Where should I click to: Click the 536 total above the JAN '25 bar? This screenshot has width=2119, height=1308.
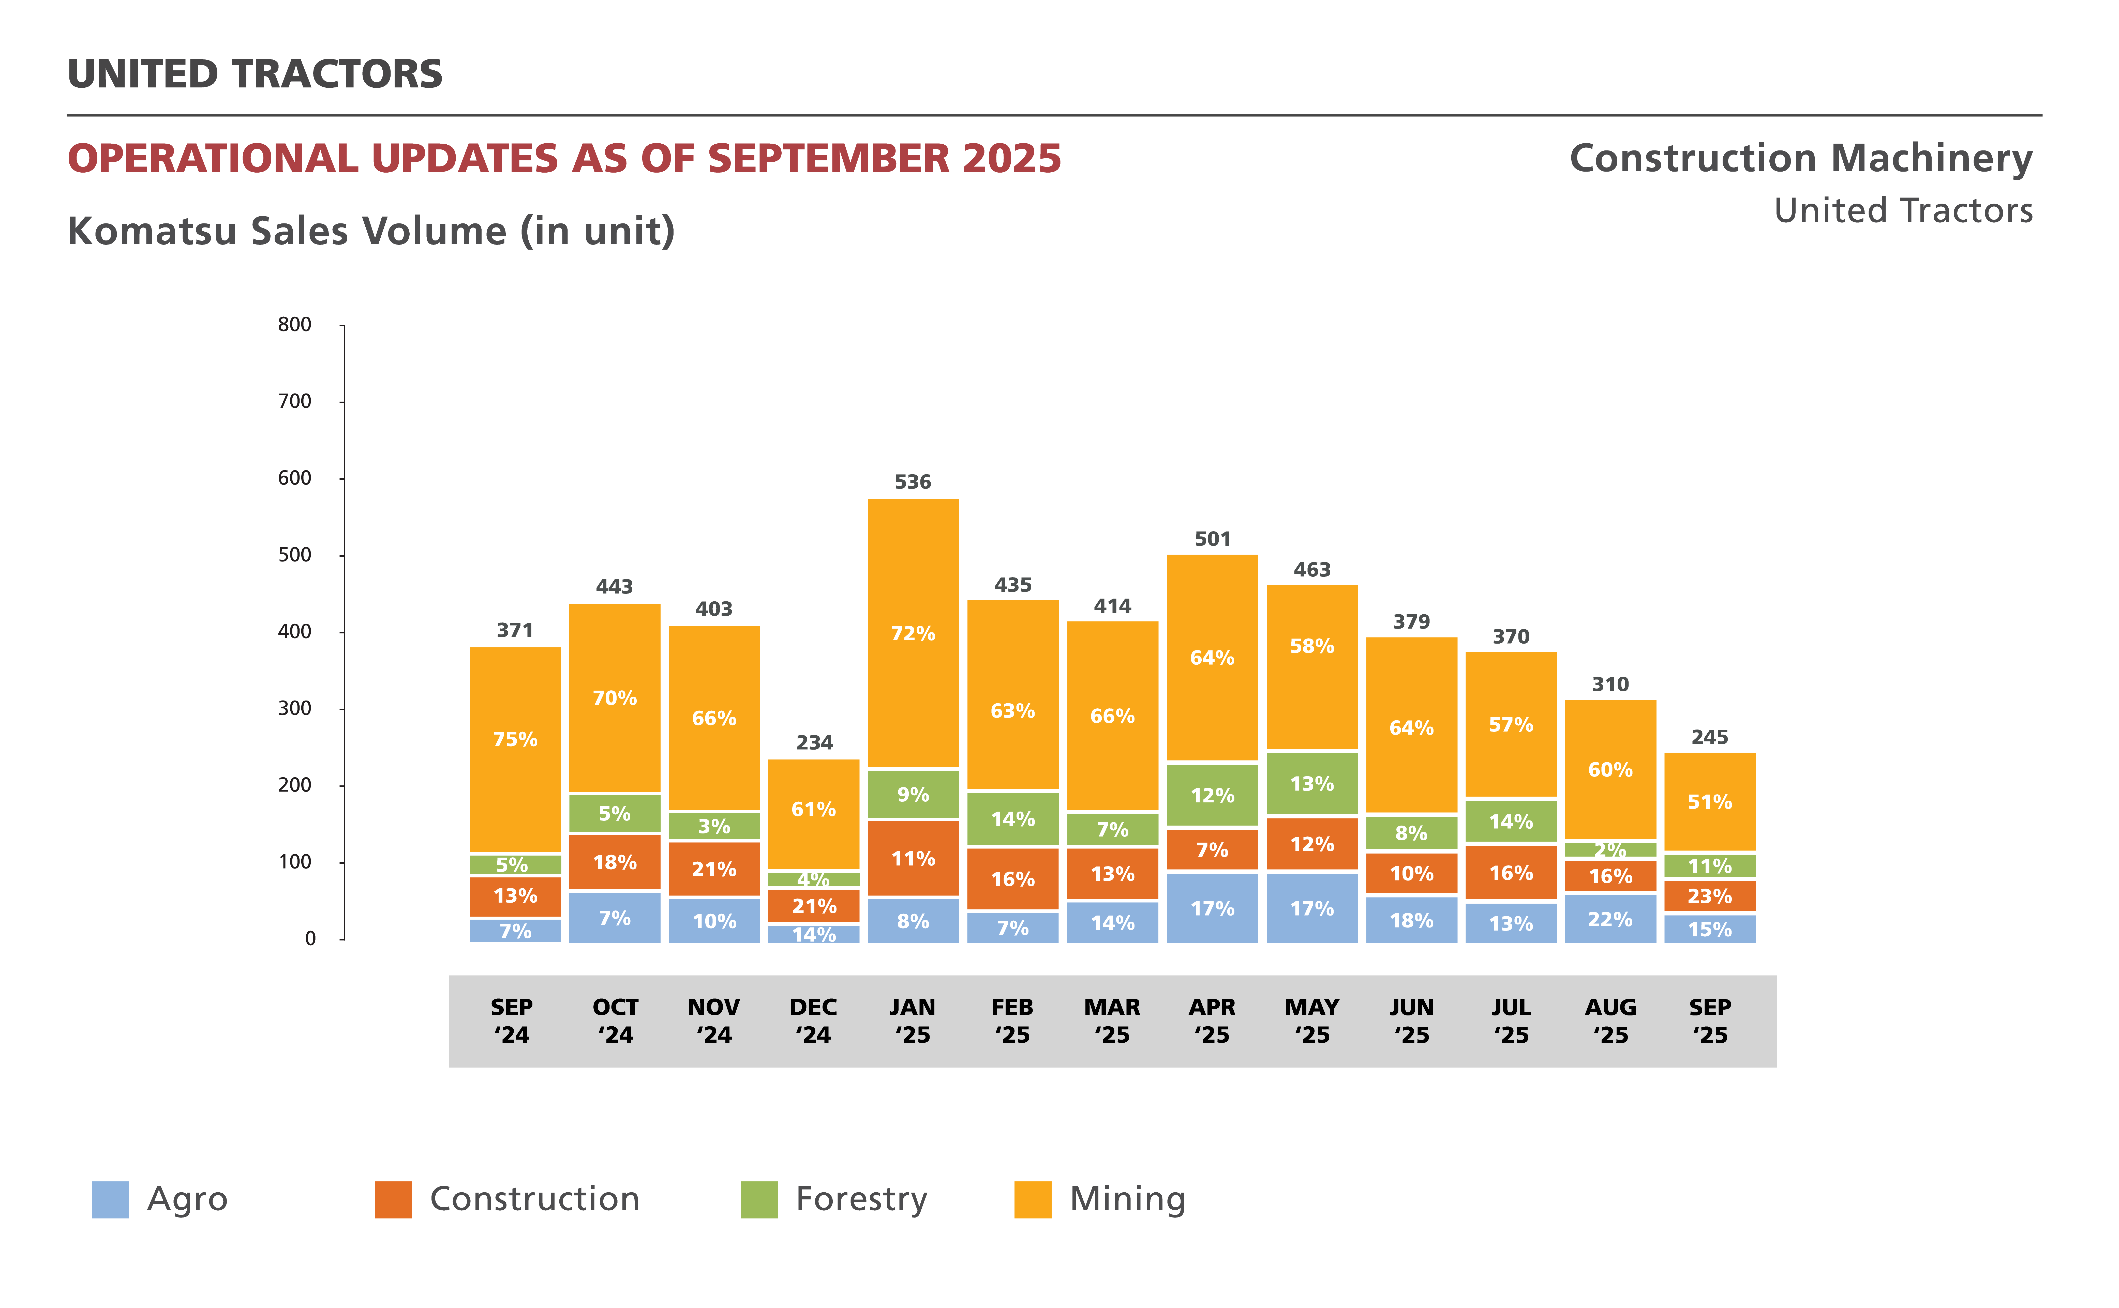[913, 482]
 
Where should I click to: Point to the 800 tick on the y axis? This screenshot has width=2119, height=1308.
[294, 324]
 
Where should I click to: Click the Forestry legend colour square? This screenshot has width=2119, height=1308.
[759, 1199]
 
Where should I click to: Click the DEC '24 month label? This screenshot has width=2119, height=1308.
[813, 1021]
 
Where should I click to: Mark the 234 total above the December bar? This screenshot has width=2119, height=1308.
[814, 742]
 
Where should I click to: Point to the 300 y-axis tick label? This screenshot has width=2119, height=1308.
[294, 708]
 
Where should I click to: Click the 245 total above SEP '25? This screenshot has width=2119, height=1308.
[1710, 737]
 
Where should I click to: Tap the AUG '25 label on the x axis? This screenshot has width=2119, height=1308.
[1610, 1021]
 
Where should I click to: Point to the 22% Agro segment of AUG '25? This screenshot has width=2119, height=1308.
[1610, 919]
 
